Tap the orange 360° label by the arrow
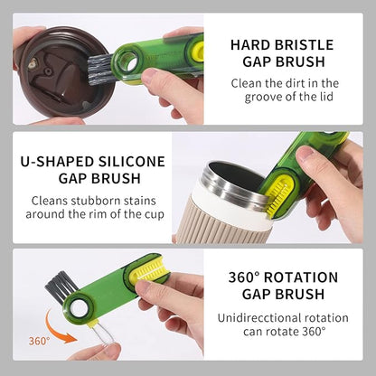pyautogui.click(x=39, y=341)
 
